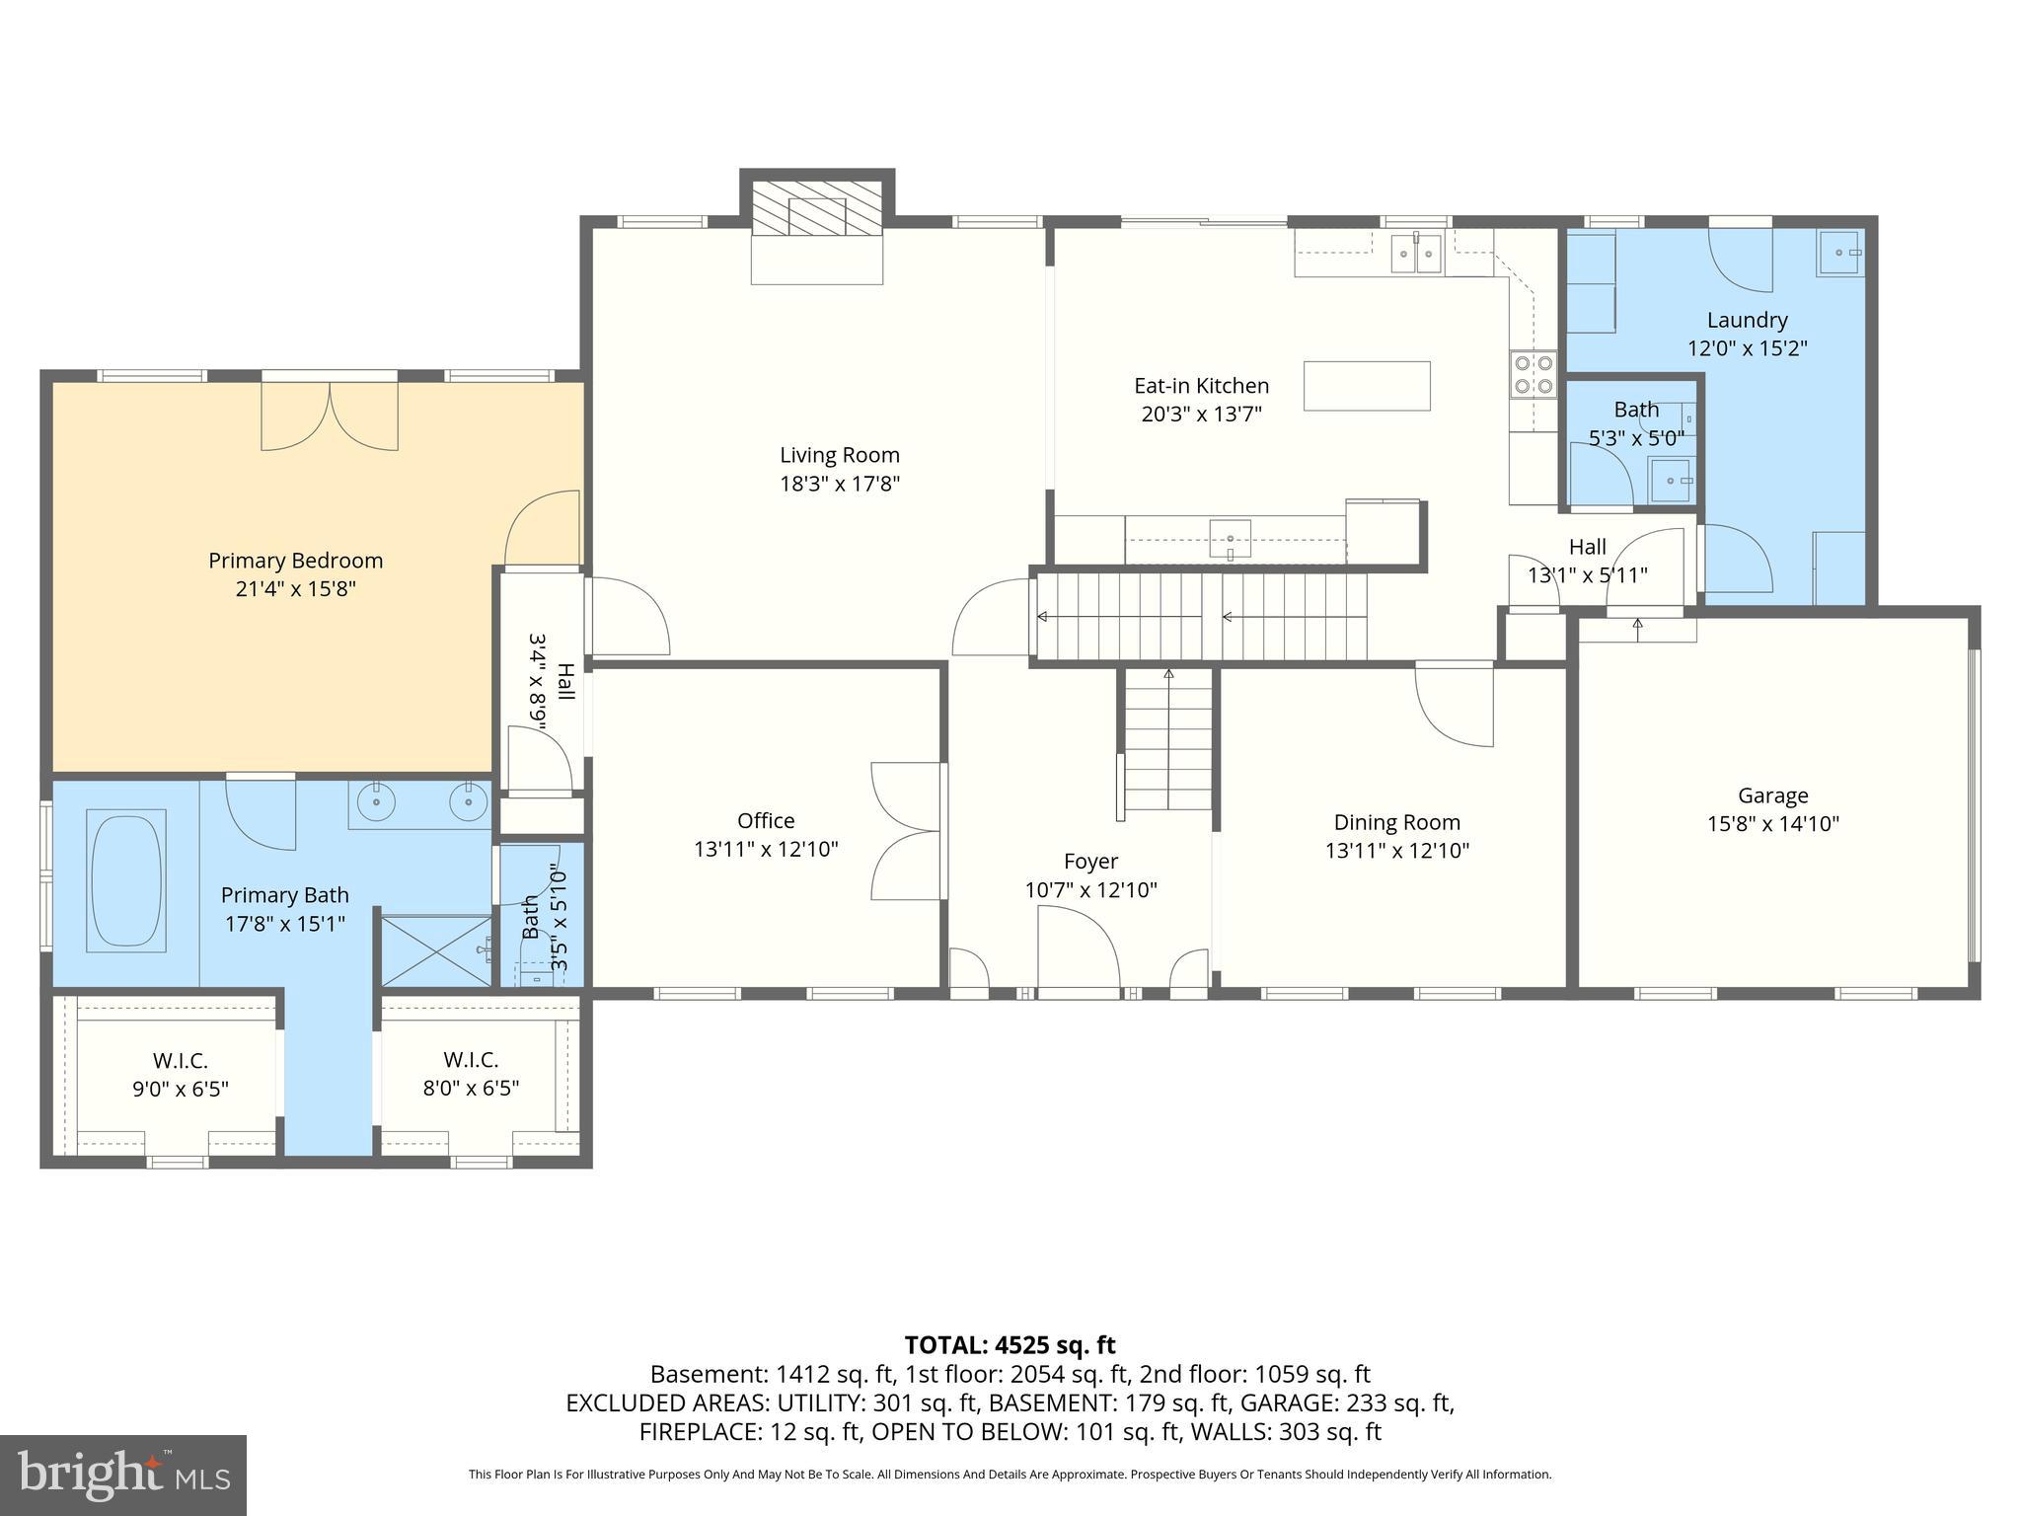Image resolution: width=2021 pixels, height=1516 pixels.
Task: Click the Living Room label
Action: coord(839,455)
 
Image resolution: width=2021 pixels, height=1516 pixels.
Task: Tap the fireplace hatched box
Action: coord(817,208)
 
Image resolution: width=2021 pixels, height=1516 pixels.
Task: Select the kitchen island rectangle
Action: coord(1367,386)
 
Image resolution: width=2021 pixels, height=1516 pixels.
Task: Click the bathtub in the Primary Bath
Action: coord(126,880)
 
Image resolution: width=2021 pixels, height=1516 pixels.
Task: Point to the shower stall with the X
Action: coord(435,949)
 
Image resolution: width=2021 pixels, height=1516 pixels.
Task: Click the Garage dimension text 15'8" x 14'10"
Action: coord(1772,824)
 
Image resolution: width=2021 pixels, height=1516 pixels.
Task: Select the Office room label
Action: coord(766,821)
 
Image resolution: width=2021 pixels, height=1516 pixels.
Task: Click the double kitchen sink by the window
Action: coord(1416,254)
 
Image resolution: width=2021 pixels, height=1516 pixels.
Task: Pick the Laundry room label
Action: coord(1747,320)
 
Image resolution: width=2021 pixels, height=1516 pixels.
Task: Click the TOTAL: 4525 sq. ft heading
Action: coord(1010,1345)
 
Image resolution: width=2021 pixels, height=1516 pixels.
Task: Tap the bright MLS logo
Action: coord(123,1475)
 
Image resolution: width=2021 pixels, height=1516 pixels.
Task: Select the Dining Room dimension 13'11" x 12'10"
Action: coord(1396,851)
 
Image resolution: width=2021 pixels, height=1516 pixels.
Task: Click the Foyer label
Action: coord(1090,861)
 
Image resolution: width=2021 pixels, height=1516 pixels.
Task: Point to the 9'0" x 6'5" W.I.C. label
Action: coord(180,1089)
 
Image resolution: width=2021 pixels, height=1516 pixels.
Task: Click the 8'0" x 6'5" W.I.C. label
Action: coord(469,1089)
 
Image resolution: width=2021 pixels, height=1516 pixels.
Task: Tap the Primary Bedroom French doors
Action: coord(330,417)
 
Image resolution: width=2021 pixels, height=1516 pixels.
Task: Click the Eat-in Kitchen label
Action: coord(1201,386)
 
